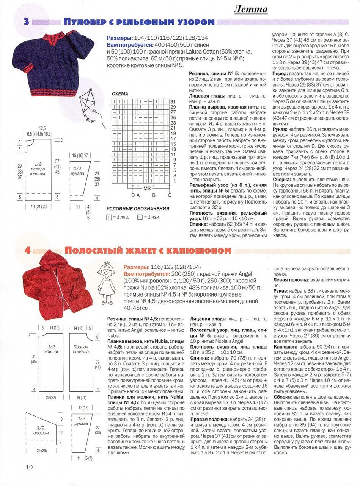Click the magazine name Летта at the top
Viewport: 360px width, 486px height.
[x=250, y=9]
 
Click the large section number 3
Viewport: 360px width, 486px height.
[x=26, y=22]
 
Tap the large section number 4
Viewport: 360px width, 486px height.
[x=27, y=250]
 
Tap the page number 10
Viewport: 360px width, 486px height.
[x=29, y=467]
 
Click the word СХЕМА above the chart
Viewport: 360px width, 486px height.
[x=120, y=94]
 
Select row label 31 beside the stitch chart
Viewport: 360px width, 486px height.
[x=173, y=102]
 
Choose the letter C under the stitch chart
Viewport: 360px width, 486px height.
[x=170, y=196]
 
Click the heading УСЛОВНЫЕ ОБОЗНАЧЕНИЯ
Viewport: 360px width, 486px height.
[x=138, y=209]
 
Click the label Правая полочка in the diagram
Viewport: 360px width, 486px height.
[x=81, y=349]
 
